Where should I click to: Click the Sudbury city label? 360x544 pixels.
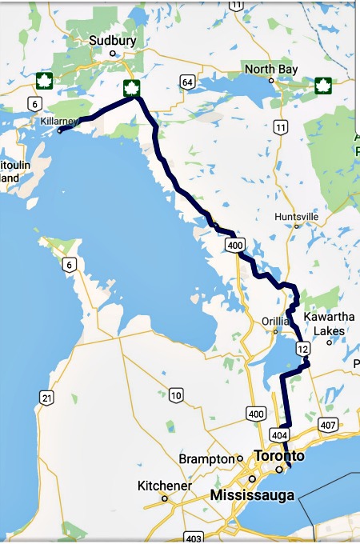113,40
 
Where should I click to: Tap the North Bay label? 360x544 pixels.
271,70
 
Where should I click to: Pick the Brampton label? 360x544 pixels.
212,459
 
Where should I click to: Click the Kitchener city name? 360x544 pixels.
164,486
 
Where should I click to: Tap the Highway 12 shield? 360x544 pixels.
302,349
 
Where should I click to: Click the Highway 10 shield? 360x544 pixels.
176,395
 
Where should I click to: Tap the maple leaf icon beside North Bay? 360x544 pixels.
323,85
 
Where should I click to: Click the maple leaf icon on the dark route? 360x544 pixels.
131,88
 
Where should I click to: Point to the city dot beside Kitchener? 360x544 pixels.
165,498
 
